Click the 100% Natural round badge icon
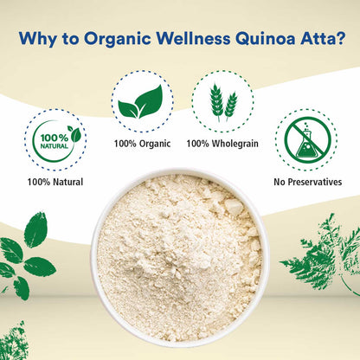point(55,138)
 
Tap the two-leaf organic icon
point(142,102)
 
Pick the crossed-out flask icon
point(305,138)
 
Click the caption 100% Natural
point(55,182)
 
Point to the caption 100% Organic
point(142,143)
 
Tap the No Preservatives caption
point(306,182)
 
